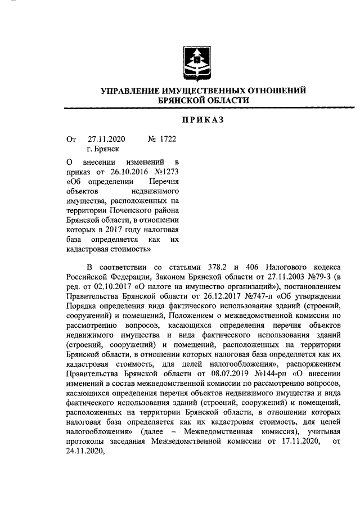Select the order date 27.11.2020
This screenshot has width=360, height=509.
[106, 138]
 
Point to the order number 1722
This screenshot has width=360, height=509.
[168, 138]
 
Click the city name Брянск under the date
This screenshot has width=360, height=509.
[107, 149]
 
